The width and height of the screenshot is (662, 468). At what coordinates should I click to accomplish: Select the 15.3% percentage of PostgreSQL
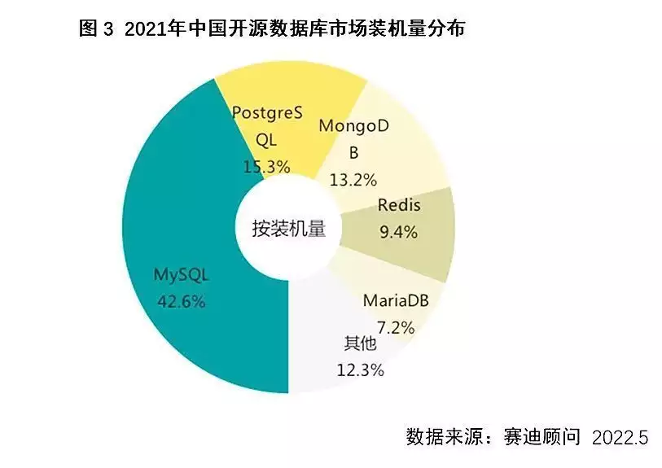[x=266, y=166]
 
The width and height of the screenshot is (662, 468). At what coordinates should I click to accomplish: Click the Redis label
[x=398, y=204]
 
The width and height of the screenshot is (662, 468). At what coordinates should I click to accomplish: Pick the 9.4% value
[x=398, y=232]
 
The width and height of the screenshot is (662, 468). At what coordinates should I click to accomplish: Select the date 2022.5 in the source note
[x=620, y=437]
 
